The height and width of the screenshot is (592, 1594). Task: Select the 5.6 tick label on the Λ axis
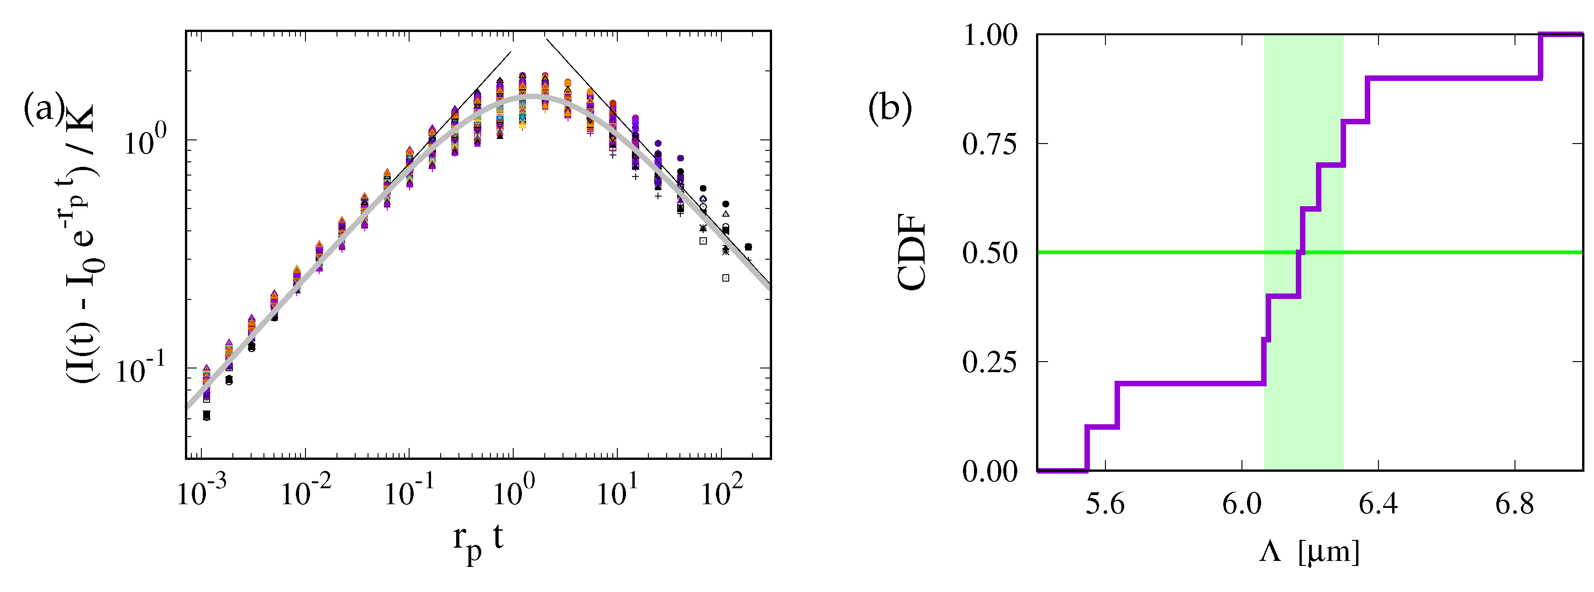click(1105, 503)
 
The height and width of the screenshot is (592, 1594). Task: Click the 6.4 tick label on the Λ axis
click(1378, 503)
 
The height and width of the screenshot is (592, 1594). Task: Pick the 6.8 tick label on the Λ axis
click(1514, 503)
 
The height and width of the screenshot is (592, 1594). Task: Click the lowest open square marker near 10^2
click(726, 278)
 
